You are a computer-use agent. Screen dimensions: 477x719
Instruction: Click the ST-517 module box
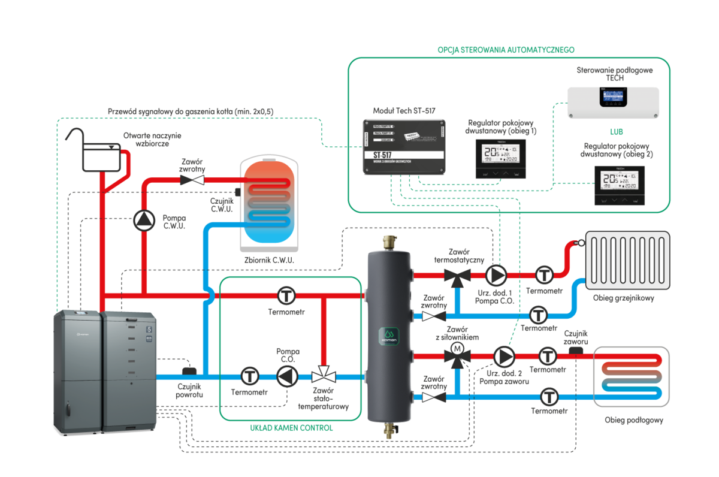click(x=404, y=147)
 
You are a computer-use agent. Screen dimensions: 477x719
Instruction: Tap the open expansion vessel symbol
click(x=100, y=157)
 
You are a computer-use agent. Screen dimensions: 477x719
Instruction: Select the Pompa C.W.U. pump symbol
click(x=144, y=221)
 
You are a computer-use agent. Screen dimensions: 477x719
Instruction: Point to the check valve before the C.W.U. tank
click(x=192, y=179)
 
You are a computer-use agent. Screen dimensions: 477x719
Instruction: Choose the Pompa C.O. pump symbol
click(x=496, y=275)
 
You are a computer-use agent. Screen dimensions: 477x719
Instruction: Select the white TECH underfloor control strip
click(x=613, y=102)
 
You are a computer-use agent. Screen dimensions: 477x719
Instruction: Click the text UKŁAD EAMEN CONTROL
click(x=291, y=428)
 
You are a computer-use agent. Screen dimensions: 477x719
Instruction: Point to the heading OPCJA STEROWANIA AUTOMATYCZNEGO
click(x=506, y=49)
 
